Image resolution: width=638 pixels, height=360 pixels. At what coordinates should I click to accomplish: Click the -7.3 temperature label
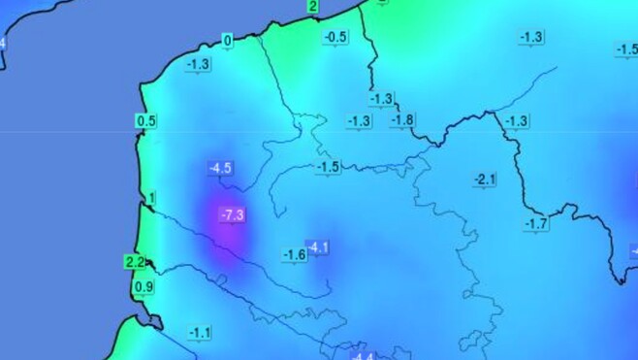click(232, 214)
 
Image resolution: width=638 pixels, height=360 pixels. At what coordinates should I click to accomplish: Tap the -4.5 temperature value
click(220, 168)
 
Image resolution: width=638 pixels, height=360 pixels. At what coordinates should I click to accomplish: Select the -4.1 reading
click(317, 247)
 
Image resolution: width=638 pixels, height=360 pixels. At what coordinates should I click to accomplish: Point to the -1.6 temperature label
click(295, 254)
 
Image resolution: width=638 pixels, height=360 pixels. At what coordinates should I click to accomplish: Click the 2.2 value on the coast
click(135, 262)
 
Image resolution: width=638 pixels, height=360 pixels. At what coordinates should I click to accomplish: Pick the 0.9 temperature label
click(144, 286)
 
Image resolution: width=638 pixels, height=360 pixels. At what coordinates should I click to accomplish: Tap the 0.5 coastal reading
click(146, 121)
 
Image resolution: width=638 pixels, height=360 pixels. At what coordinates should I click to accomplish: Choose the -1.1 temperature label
click(201, 333)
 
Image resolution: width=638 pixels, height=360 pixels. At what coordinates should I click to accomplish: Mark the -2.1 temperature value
click(485, 180)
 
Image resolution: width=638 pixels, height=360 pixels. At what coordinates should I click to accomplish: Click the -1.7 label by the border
click(536, 224)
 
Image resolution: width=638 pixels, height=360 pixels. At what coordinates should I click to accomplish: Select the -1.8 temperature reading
click(402, 119)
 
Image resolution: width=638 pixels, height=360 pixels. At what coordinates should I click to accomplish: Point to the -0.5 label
click(335, 37)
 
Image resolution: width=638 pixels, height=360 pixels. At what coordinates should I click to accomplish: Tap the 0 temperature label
click(228, 41)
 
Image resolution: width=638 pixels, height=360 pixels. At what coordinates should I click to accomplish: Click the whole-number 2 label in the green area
click(312, 7)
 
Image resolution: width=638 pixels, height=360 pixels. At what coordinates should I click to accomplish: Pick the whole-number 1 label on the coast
click(150, 199)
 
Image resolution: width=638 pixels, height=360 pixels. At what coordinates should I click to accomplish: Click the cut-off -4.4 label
click(362, 354)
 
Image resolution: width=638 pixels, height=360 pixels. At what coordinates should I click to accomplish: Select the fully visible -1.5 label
click(329, 167)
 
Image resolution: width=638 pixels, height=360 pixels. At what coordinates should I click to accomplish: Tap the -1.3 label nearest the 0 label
click(198, 64)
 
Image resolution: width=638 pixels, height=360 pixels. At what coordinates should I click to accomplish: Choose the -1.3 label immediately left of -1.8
click(359, 120)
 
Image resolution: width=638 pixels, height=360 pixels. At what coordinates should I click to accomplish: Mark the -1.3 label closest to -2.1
click(517, 120)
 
